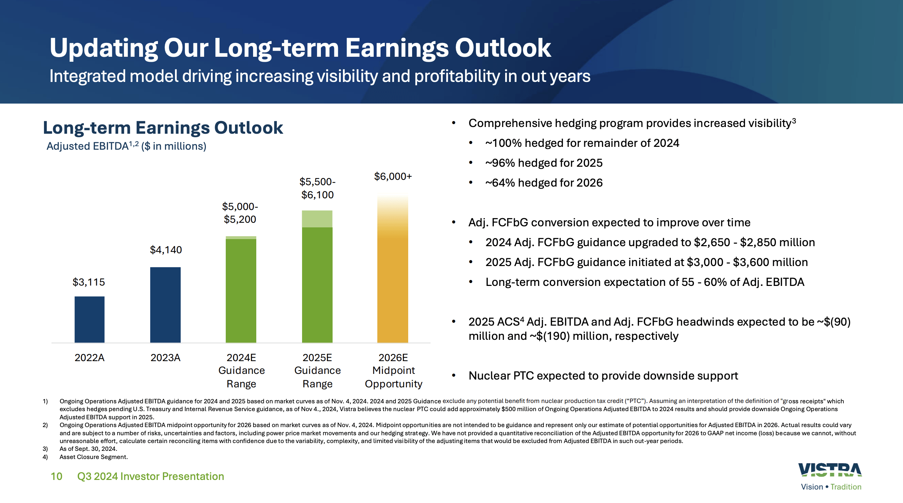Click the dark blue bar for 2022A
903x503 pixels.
point(89,319)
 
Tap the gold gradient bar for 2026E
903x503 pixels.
point(393,284)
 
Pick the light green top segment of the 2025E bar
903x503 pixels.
point(317,219)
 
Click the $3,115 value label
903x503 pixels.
point(89,282)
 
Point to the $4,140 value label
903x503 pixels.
point(166,250)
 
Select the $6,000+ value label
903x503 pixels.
point(393,176)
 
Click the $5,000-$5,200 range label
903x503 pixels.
point(240,213)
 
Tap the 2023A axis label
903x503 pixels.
point(165,358)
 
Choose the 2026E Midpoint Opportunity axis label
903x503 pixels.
point(393,371)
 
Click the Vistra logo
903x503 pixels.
point(830,470)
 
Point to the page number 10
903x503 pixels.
point(56,476)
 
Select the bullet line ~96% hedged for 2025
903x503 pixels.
point(544,163)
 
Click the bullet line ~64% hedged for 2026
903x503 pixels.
point(544,183)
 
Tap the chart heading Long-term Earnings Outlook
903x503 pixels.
point(163,128)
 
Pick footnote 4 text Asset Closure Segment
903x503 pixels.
point(93,457)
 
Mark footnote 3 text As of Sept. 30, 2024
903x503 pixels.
point(88,449)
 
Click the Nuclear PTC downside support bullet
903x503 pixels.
point(603,376)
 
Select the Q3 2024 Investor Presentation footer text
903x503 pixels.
point(150,476)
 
